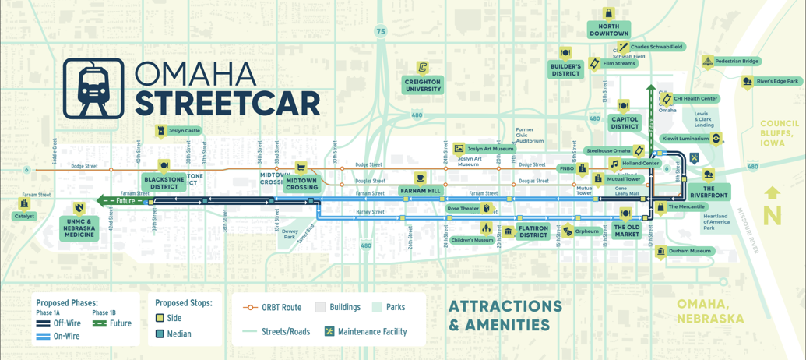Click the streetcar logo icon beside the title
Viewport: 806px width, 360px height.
coord(93,88)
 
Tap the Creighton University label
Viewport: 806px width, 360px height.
coord(423,85)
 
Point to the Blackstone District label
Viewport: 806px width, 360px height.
coord(164,183)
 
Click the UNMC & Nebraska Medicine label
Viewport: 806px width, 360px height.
coord(79,227)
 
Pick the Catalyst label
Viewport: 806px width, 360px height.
coord(24,216)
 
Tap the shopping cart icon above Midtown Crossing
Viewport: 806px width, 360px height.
coord(301,168)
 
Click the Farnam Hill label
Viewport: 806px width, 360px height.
coord(420,191)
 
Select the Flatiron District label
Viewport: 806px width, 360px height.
coord(533,231)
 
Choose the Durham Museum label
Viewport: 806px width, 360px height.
coord(689,251)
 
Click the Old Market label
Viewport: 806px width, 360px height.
coord(626,231)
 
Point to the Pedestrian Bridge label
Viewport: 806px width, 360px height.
coord(736,61)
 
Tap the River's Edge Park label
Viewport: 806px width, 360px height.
coord(776,81)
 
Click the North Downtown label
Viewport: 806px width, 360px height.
coord(608,30)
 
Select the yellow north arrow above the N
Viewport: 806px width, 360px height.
coord(773,193)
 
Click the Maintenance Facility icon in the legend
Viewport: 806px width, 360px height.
coord(329,331)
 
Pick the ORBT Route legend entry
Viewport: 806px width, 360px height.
coord(272,307)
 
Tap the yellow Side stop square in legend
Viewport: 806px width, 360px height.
coord(160,318)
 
